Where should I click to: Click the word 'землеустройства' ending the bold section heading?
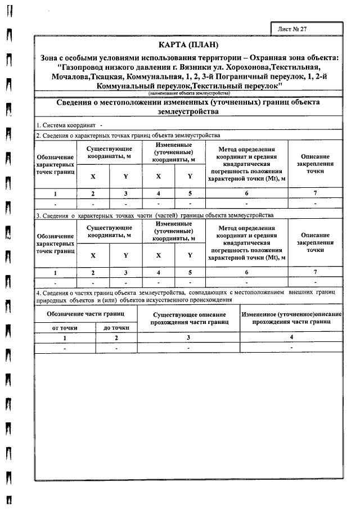[x=188, y=111]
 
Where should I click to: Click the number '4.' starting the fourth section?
[x=38, y=293]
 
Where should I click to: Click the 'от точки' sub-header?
[x=65, y=327]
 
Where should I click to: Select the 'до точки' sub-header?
[x=116, y=327]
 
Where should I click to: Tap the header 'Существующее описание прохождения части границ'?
[x=189, y=318]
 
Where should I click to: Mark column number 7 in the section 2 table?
[x=315, y=193]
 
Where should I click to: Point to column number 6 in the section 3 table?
[x=246, y=272]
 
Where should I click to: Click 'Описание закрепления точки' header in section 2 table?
[x=315, y=164]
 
